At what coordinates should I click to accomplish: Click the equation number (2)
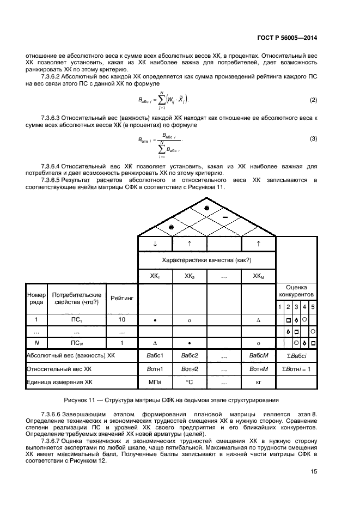pyautogui.click(x=313, y=100)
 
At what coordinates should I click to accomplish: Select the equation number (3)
pyautogui.click(x=313, y=139)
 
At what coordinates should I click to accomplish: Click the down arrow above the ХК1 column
pyautogui.click(x=155, y=244)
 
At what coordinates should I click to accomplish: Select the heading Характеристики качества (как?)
pyautogui.click(x=206, y=260)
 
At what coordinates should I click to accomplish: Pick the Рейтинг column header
pyautogui.click(x=121, y=299)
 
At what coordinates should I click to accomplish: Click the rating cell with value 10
pyautogui.click(x=121, y=319)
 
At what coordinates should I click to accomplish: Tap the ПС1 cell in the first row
pyautogui.click(x=77, y=319)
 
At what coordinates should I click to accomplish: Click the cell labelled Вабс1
pyautogui.click(x=155, y=355)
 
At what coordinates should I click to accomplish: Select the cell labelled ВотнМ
pyautogui.click(x=258, y=369)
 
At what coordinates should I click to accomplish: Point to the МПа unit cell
pyautogui.click(x=155, y=382)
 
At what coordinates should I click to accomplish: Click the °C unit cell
pyautogui.click(x=190, y=382)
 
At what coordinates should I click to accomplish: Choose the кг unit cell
pyautogui.click(x=258, y=382)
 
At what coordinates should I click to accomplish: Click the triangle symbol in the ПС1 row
pyautogui.click(x=258, y=319)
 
